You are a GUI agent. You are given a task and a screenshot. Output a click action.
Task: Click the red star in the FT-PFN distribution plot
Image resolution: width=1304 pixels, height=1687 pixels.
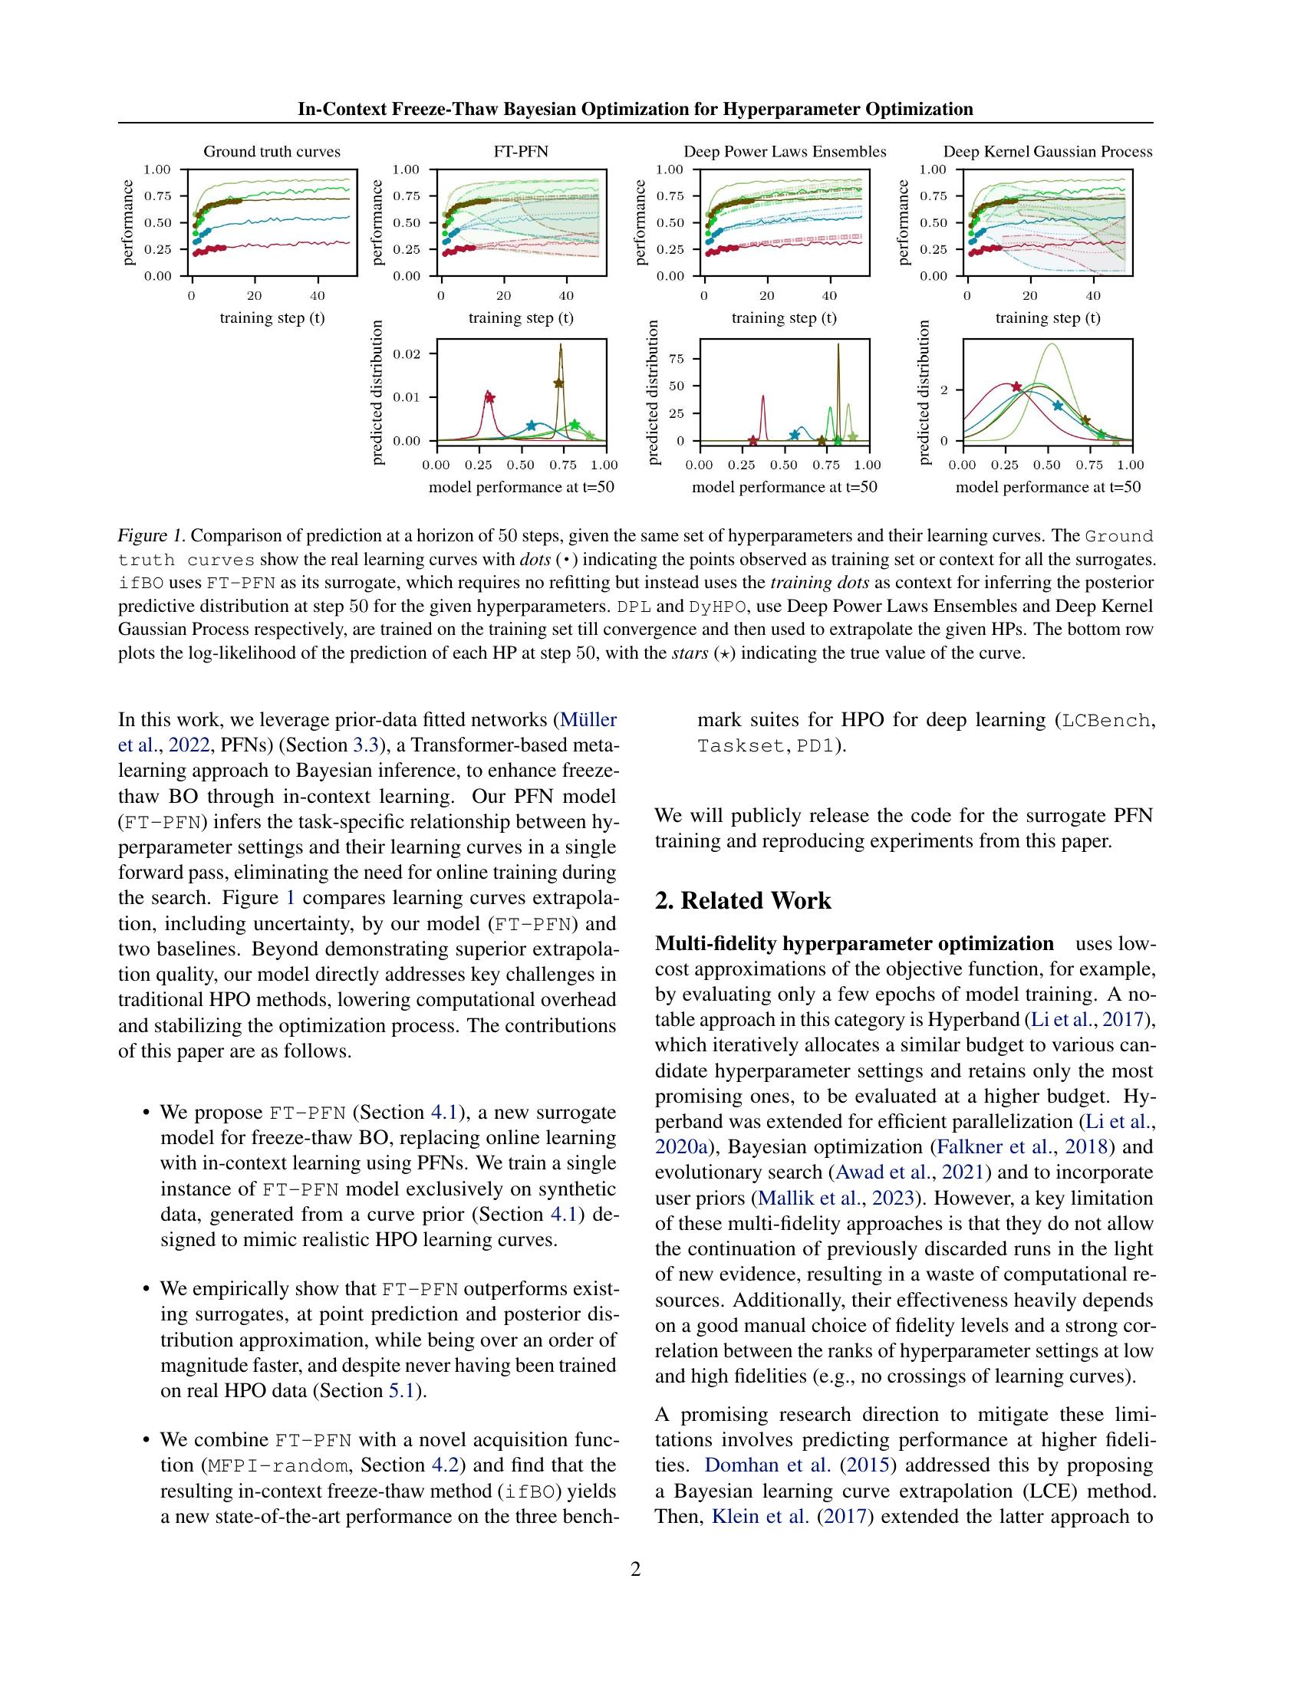click(x=489, y=398)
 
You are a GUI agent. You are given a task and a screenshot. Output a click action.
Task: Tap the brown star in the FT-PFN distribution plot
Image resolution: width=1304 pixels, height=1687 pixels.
click(x=558, y=383)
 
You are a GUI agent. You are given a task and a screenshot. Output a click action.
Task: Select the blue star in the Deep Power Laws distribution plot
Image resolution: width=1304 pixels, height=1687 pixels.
click(x=795, y=436)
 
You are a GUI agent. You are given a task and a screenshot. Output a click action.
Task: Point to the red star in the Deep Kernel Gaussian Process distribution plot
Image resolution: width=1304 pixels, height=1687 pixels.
click(x=1016, y=386)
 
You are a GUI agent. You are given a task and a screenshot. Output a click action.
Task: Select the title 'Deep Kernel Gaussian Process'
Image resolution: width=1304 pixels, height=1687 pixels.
click(x=1047, y=151)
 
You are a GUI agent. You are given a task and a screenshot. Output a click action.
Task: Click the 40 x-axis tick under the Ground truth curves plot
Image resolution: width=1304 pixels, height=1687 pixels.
click(x=317, y=296)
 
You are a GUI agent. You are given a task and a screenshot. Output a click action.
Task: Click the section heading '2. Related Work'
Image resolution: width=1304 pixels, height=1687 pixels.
click(x=743, y=901)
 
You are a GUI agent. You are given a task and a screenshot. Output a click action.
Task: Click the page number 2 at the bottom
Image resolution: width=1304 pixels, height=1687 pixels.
click(x=635, y=1570)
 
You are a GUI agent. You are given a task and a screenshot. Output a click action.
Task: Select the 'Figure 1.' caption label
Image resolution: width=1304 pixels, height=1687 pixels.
click(x=151, y=536)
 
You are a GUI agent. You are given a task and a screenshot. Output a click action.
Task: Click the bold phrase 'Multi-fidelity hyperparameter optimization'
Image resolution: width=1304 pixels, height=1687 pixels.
click(x=854, y=944)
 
